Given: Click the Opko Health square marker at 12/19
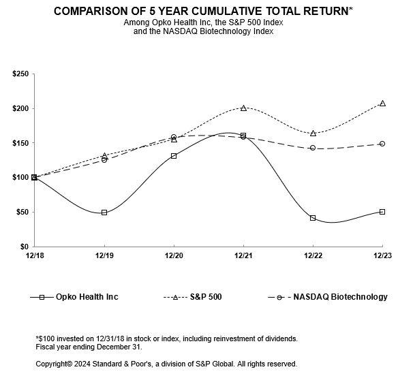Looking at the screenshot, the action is (104, 212).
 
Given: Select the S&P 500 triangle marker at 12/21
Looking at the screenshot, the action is (243, 108).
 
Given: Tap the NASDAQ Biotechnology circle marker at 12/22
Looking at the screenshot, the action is (313, 148).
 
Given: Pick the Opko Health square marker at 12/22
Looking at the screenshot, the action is (313, 218).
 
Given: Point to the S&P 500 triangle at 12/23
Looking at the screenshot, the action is (382, 104).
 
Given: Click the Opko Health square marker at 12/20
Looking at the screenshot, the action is (174, 156).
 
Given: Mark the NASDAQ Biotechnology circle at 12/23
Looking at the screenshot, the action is (382, 144).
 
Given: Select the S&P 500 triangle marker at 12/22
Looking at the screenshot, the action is (313, 133).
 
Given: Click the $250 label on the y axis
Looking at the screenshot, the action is (20, 74).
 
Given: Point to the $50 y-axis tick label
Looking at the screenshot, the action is (22, 212).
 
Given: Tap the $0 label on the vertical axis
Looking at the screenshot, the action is (25, 247).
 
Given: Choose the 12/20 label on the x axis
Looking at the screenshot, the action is (174, 255).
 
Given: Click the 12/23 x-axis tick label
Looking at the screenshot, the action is (382, 255).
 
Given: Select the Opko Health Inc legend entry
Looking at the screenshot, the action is (74, 297).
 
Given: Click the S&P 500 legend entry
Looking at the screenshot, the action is (193, 297).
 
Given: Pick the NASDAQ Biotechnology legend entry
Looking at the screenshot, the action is (328, 297).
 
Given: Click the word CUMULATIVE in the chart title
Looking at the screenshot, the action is (226, 11).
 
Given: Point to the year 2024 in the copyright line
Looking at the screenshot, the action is (82, 364).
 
